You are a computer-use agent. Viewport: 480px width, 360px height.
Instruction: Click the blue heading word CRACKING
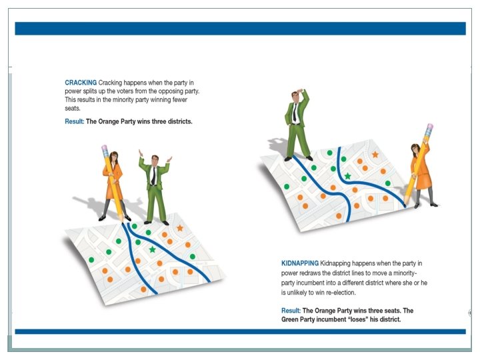point(81,83)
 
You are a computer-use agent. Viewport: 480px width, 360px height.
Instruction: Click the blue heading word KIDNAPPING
point(300,263)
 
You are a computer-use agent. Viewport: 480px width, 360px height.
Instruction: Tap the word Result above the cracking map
point(74,121)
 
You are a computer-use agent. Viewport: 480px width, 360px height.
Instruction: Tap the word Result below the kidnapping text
point(291,311)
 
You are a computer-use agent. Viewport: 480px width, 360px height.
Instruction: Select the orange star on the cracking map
point(180,228)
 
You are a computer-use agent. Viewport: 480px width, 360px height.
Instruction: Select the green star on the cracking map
point(153,249)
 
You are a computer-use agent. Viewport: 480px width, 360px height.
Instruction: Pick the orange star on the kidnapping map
point(375,155)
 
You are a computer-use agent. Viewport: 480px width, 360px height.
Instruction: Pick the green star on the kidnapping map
point(348,176)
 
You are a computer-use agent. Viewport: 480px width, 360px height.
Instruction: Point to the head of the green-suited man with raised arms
point(155,160)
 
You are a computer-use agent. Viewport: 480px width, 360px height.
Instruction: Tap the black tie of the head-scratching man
point(295,113)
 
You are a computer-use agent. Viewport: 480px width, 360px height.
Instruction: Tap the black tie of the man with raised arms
point(153,176)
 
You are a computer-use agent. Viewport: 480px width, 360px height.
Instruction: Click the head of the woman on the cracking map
point(113,157)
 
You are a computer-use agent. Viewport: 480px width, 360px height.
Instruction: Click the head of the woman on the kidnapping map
point(415,149)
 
